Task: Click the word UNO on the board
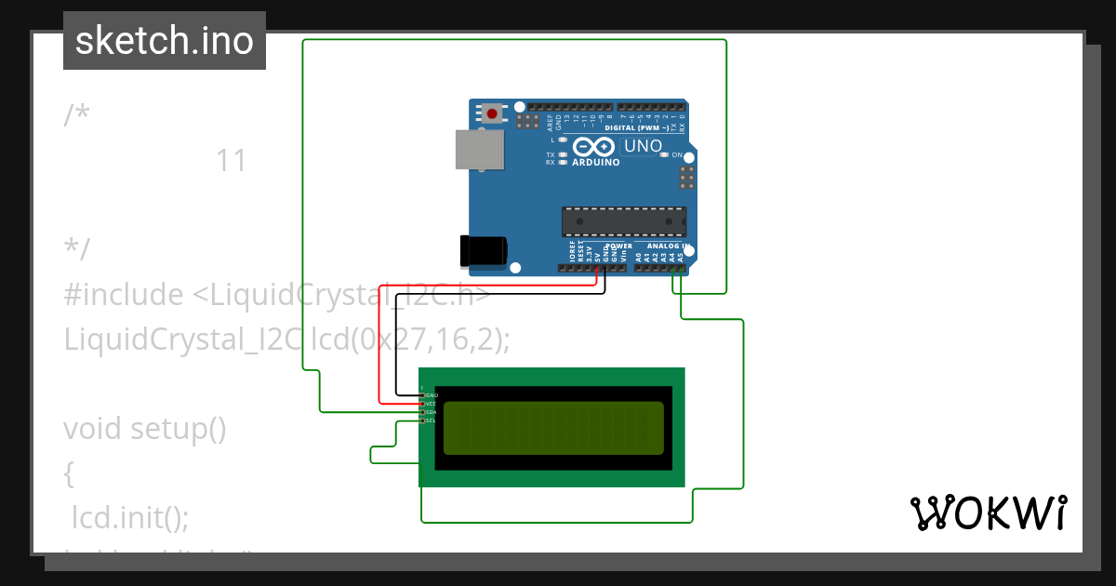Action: click(643, 146)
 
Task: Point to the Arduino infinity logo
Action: click(594, 147)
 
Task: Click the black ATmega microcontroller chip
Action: click(623, 221)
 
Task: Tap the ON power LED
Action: click(664, 154)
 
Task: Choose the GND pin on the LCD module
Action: click(422, 395)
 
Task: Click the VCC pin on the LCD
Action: click(422, 404)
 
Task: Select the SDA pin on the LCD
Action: click(422, 412)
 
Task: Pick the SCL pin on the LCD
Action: click(422, 420)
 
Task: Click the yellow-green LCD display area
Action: click(553, 428)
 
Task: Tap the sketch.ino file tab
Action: click(165, 41)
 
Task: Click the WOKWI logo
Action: click(988, 513)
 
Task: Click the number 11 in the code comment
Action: click(231, 161)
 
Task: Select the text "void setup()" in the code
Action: click(145, 429)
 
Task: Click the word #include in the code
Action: click(124, 295)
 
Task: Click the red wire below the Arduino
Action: click(484, 283)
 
